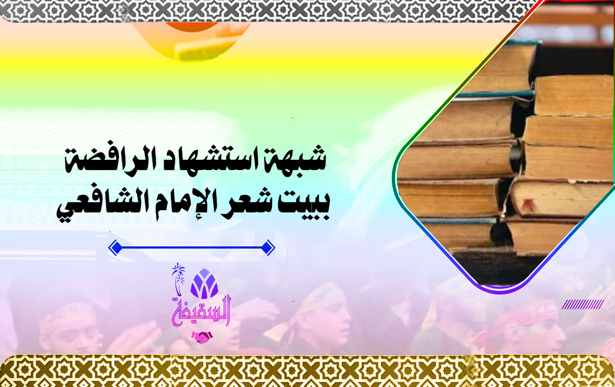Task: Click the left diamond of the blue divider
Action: pos(115,248)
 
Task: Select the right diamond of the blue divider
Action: pos(267,248)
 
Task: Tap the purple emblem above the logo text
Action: pos(204,283)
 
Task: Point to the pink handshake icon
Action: pos(202,337)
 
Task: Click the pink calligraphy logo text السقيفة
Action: pos(201,312)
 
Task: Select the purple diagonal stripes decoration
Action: pos(582,304)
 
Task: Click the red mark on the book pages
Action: pos(528,205)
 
